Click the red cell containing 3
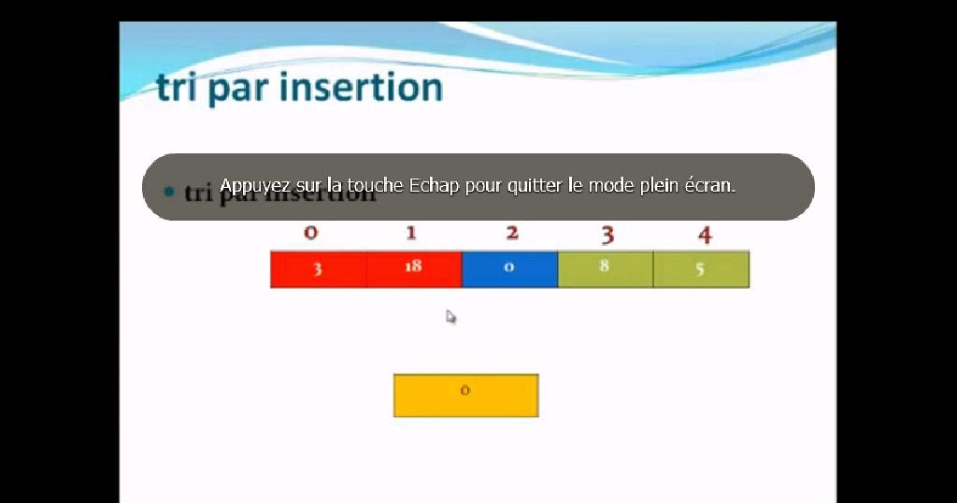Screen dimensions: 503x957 click(318, 269)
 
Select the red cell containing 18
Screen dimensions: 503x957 click(414, 269)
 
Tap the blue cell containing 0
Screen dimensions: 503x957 click(509, 269)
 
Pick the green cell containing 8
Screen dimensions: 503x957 click(605, 269)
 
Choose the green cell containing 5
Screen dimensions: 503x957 click(701, 269)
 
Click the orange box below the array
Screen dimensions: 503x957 click(465, 395)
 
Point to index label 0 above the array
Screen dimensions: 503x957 click(311, 233)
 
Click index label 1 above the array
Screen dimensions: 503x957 click(411, 233)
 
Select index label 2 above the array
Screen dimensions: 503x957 click(512, 233)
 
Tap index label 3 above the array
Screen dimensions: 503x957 click(607, 234)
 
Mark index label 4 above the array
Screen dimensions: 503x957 click(705, 235)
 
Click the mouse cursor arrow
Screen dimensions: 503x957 click(450, 317)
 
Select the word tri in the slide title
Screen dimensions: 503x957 click(178, 88)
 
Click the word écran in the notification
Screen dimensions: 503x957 click(711, 185)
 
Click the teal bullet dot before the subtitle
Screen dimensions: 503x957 click(169, 192)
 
